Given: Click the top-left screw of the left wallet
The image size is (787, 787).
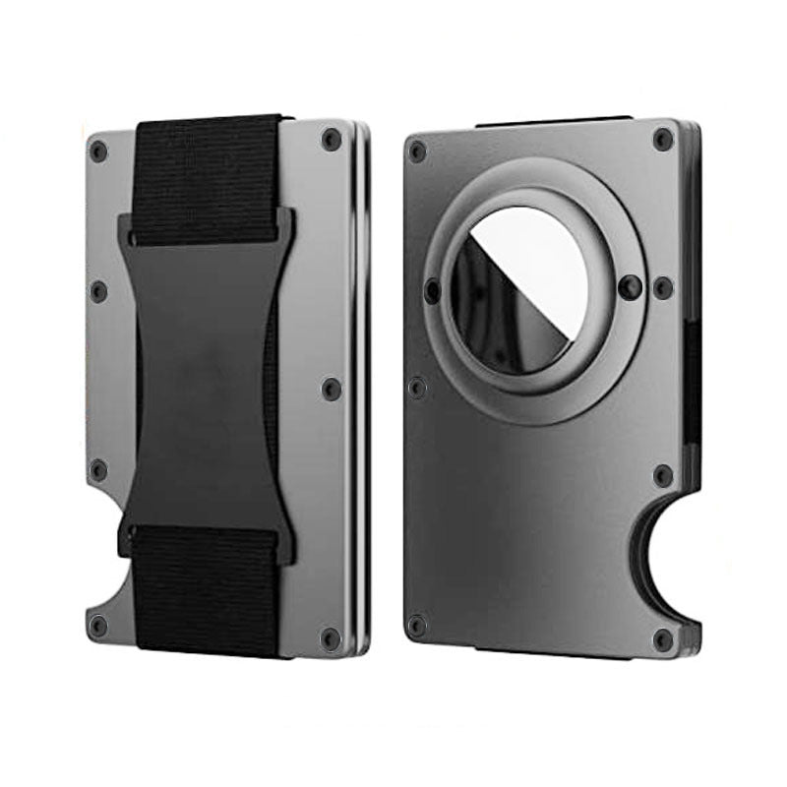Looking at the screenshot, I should click(97, 151).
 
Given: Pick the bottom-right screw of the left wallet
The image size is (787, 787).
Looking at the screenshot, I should click(330, 633).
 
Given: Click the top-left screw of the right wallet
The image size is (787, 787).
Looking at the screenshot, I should click(417, 151).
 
